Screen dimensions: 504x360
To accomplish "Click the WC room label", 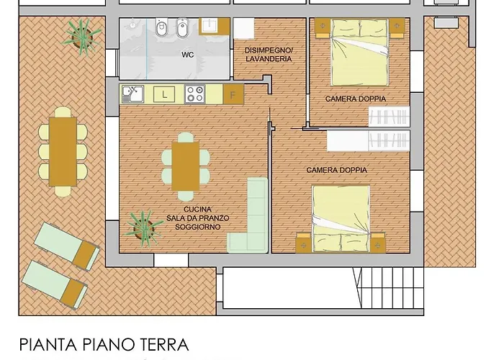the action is pos(188,55).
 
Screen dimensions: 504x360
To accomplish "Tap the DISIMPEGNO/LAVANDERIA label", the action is pos(269,55).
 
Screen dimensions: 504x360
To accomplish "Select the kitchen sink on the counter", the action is pos(132,94).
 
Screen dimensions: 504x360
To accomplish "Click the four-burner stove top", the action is pos(195,94).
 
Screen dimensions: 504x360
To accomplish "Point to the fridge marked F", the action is pos(233,94).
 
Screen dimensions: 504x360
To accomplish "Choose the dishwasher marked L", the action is pos(164,94).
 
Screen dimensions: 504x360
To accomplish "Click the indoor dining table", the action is pos(186,166).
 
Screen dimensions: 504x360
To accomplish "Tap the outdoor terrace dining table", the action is pos(63,151).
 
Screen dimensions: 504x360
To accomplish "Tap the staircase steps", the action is pos(388,288).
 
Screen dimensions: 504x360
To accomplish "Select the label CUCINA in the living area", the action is pos(198,210).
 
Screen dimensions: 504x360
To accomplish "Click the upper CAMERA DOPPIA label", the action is pos(356,99).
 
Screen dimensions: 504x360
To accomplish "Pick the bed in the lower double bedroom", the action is pos(341,219).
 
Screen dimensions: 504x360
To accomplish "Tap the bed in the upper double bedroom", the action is pos(359,53).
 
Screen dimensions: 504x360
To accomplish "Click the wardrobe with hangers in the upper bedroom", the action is pos(389,116).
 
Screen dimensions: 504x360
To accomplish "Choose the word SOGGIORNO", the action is pos(198,227).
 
